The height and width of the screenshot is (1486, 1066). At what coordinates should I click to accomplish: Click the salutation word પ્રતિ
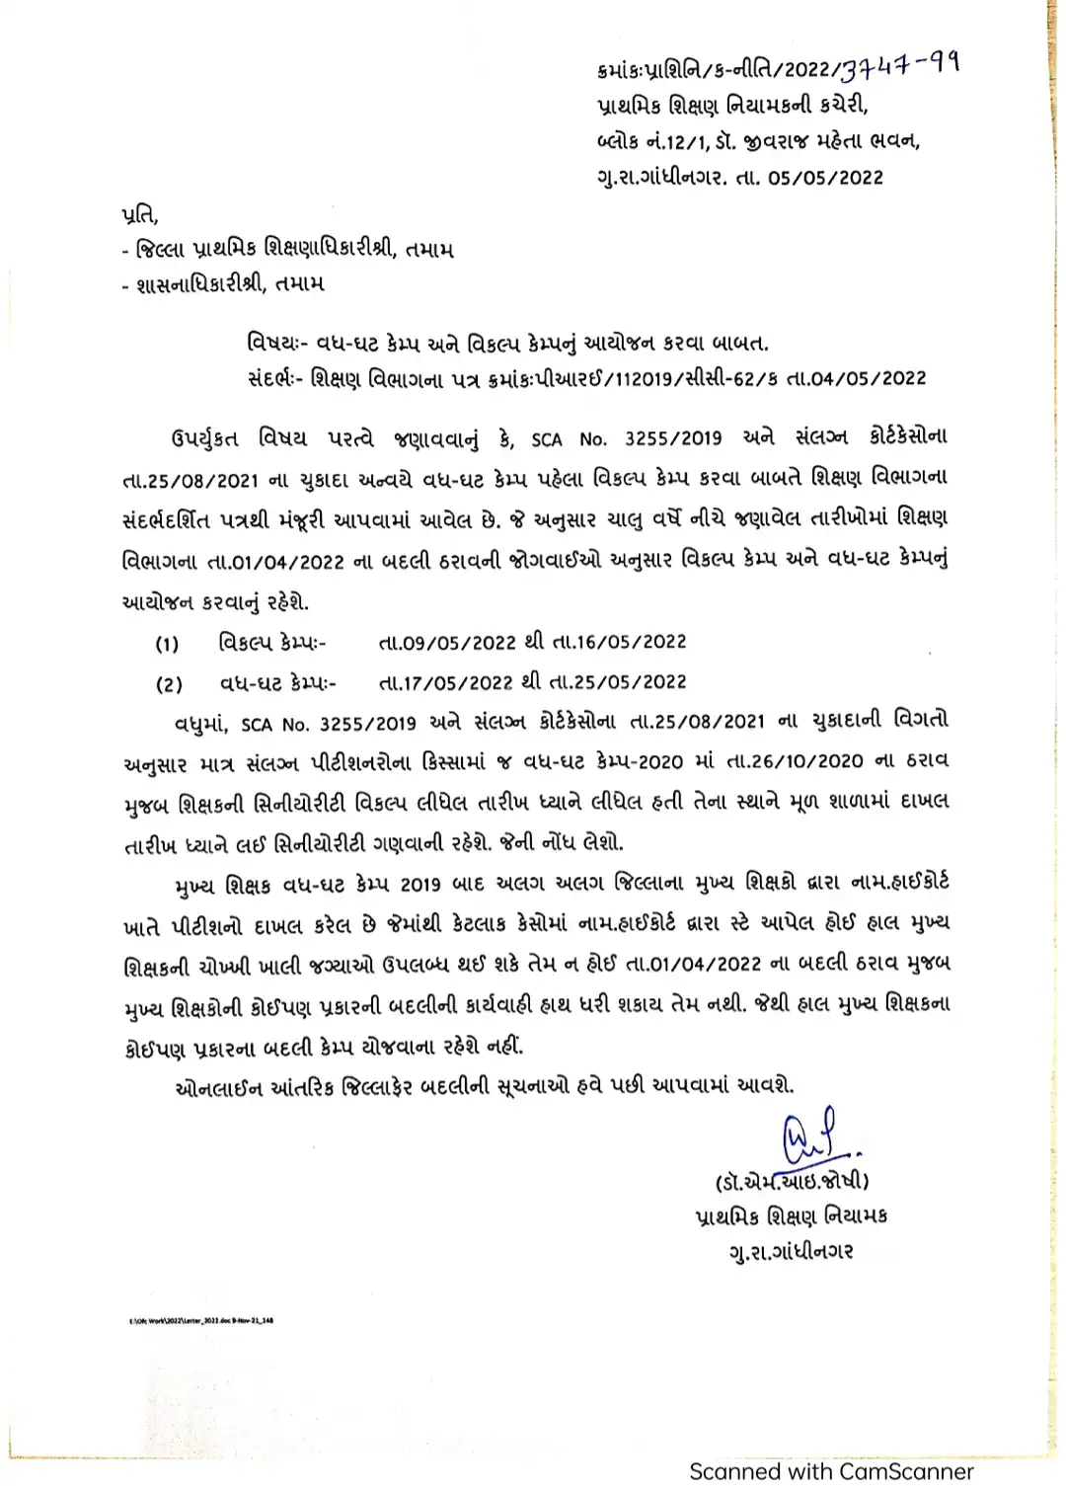point(139,214)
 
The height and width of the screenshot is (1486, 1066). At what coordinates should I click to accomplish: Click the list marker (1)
point(167,645)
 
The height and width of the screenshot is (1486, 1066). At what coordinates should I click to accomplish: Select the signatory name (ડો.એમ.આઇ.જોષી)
point(791,1180)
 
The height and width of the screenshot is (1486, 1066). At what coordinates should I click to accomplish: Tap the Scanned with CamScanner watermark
point(831,1471)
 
